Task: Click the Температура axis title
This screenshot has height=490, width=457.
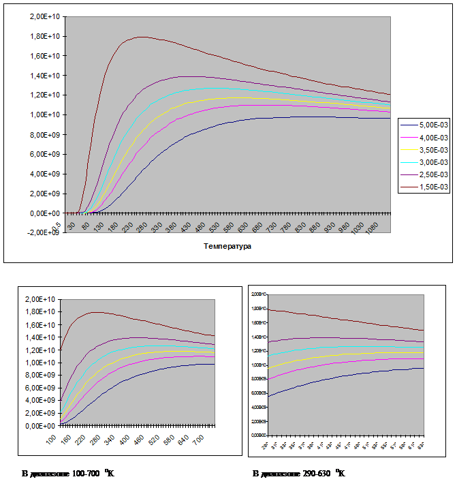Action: (227, 246)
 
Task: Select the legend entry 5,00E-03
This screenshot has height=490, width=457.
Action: (433, 125)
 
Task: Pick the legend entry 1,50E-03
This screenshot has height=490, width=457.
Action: (433, 186)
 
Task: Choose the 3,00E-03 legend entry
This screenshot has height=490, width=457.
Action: (433, 162)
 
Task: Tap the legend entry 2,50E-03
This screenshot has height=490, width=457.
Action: (433, 174)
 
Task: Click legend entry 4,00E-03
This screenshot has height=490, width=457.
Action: (433, 137)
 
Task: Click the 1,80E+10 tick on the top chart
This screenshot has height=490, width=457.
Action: (47, 36)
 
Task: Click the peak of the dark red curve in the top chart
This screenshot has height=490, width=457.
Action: (141, 37)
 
